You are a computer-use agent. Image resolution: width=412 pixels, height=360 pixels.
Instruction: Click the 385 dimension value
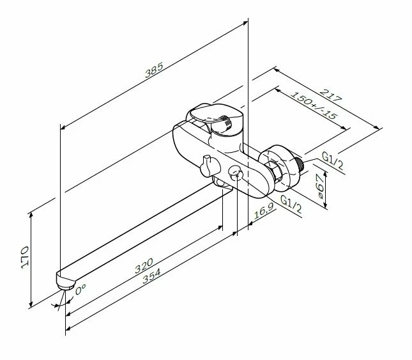pyautogui.click(x=154, y=70)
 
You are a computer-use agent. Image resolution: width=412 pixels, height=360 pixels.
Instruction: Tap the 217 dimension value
pyautogui.click(x=332, y=96)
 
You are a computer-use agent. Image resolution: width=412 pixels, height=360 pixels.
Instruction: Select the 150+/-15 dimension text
pyautogui.click(x=314, y=105)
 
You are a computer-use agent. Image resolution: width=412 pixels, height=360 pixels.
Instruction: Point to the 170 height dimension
pyautogui.click(x=25, y=257)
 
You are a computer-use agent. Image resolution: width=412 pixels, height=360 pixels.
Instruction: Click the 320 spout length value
pyautogui.click(x=144, y=265)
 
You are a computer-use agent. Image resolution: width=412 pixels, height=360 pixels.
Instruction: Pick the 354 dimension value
pyautogui.click(x=151, y=276)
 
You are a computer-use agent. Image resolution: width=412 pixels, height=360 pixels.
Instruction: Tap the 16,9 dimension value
pyautogui.click(x=264, y=211)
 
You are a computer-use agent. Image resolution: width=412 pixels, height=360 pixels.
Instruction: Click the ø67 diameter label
pyautogui.click(x=319, y=186)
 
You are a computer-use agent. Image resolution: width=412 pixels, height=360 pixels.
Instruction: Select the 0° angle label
pyautogui.click(x=80, y=289)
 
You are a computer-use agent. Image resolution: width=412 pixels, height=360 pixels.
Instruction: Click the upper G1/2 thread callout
pyautogui.click(x=333, y=160)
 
